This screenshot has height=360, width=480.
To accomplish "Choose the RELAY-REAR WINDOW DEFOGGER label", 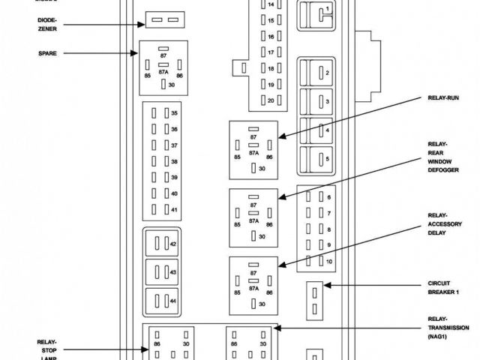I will (x=442, y=157).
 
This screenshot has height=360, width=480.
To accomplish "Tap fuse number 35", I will (x=163, y=113).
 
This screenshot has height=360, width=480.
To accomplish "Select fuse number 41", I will (x=163, y=209).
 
